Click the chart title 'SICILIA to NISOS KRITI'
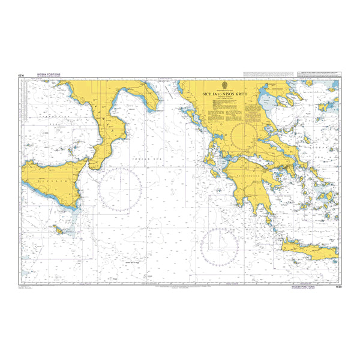(x=225, y=93)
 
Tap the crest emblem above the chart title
(x=225, y=85)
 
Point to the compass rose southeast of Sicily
(x=120, y=190)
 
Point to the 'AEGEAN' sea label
(x=315, y=147)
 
